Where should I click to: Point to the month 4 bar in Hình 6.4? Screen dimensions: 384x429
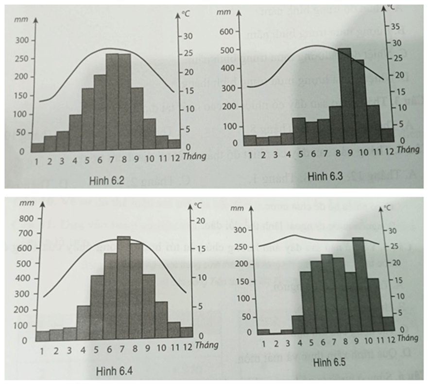click(x=84, y=323)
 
